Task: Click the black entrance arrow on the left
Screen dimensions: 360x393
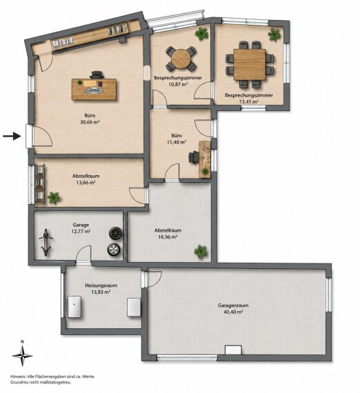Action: coord(12,136)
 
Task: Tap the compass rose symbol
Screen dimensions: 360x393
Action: coord(22,355)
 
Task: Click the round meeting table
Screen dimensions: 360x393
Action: coord(181,59)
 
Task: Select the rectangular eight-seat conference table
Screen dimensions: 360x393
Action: coord(250,64)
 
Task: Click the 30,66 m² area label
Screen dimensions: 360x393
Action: coord(90,122)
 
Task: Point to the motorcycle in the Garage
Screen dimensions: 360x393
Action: coord(46,243)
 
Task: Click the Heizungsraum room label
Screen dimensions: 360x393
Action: coord(101,285)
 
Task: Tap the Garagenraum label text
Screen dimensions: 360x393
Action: coord(233,305)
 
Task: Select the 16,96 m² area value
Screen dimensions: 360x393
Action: coord(168,236)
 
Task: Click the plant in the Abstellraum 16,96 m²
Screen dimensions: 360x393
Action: coord(201,252)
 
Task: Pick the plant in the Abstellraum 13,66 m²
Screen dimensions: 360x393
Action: coord(54,197)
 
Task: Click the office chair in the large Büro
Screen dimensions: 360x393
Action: coord(97,75)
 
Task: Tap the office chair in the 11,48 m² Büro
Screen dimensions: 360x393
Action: coord(194,157)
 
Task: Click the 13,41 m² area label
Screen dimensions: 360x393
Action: coord(249,102)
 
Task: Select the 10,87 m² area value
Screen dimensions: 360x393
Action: coord(178,84)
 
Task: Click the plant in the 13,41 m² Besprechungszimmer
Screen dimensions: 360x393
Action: coord(274,34)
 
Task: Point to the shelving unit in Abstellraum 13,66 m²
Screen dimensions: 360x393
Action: coord(39,183)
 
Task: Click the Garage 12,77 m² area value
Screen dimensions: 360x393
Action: coord(81,232)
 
